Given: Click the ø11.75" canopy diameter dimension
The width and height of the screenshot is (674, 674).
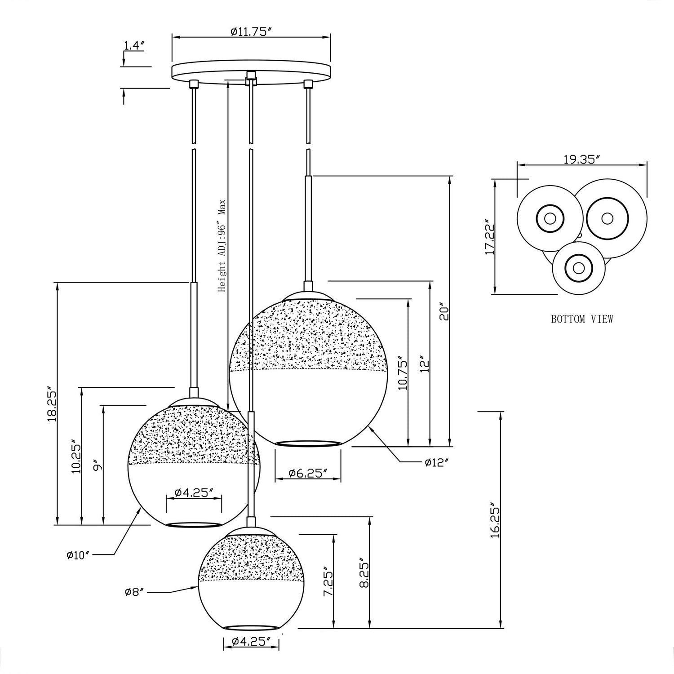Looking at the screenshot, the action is [x=251, y=32].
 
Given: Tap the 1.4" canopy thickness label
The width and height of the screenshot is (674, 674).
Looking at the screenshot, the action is [x=133, y=45].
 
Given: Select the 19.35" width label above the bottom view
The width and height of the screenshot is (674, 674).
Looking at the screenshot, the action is [x=582, y=159].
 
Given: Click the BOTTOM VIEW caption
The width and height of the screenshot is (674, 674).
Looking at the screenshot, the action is [x=582, y=319].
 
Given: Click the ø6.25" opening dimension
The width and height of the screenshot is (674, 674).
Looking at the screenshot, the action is [x=307, y=473].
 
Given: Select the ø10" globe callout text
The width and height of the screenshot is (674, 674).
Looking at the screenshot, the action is [x=78, y=555].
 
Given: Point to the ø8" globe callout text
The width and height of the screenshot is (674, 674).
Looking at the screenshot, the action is [x=134, y=592].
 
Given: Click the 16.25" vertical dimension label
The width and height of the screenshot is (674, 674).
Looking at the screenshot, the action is [x=495, y=520].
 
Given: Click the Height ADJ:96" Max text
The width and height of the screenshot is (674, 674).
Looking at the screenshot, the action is [x=222, y=246].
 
